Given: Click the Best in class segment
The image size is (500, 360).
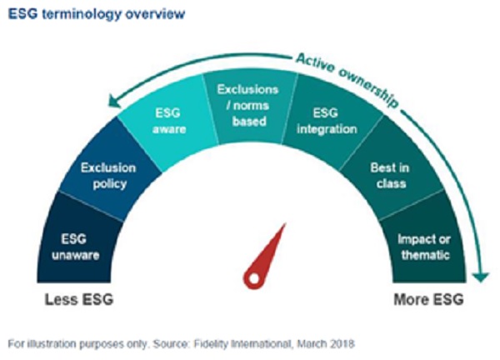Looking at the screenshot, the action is coord(391,175).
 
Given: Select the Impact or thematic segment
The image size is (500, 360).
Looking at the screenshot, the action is coord(424,246).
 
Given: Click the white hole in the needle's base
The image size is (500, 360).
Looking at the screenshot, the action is coord(254,278).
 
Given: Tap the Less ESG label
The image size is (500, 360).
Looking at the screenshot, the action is coord(79,300).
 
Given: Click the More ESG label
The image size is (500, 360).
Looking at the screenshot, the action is coord(428,300).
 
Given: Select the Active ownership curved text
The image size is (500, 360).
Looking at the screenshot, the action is coord(347,80).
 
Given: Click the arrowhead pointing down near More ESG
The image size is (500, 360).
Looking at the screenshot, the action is coord(481,277).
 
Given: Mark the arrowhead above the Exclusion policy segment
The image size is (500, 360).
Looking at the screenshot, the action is coord(114,102).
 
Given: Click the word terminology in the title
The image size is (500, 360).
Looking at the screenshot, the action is coord(82,14).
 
